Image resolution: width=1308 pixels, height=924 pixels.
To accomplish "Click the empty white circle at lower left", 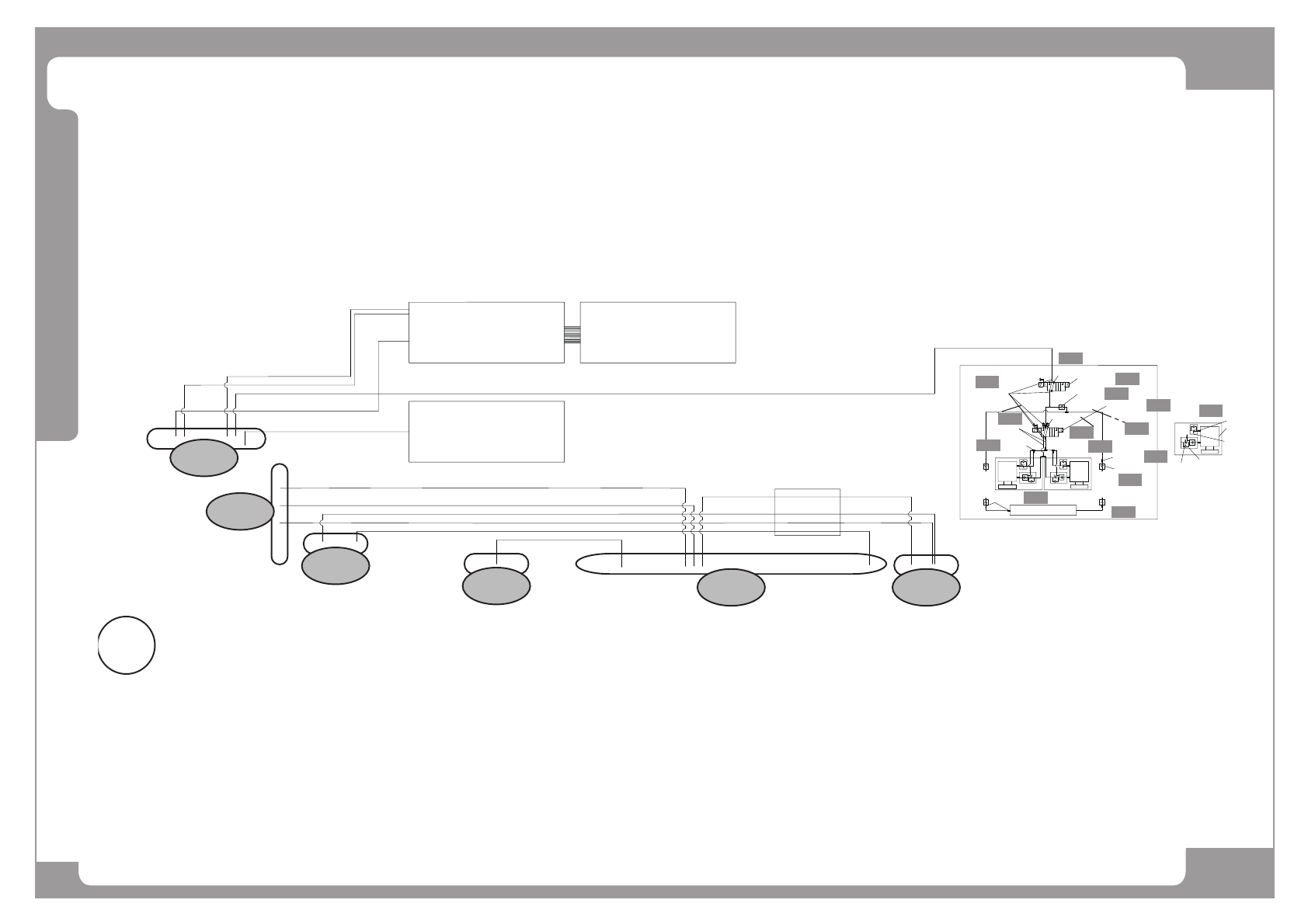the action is click(x=127, y=644).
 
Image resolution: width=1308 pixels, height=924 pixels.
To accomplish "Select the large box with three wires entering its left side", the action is click(x=486, y=332).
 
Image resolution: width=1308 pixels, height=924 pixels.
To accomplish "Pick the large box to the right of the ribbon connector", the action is click(x=658, y=332).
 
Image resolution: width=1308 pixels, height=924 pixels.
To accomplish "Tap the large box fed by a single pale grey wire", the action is click(x=486, y=432).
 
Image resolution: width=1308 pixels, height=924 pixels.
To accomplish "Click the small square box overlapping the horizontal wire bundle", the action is click(x=808, y=512).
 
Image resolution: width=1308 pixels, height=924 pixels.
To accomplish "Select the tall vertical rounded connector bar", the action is click(x=280, y=514).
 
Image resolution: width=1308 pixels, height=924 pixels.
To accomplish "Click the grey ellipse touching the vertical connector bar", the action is click(x=240, y=511).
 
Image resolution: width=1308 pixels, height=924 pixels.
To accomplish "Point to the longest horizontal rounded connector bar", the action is click(x=730, y=564).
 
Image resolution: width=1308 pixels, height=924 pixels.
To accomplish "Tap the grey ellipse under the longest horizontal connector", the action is click(x=731, y=588).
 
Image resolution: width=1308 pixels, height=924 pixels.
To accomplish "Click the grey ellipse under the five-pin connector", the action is click(x=204, y=457).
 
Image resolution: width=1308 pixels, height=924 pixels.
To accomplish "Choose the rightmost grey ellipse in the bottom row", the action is click(x=925, y=588).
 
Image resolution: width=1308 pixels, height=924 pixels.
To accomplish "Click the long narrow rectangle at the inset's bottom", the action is click(x=1042, y=510).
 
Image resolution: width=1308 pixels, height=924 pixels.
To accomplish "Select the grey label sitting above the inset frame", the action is click(x=1070, y=357).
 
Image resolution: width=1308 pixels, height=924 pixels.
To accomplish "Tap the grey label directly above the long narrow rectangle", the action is click(x=1035, y=497).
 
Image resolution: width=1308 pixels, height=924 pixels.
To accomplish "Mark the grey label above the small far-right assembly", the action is click(x=1210, y=410).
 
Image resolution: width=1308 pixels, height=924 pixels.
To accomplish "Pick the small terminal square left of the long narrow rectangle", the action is click(x=986, y=502).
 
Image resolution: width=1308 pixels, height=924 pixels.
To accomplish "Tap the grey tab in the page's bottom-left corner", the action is click(x=57, y=880).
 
